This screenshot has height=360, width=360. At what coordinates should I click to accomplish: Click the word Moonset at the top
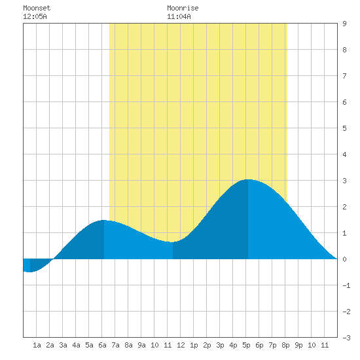pos(37,8)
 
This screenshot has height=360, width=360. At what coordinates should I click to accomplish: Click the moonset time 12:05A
pos(35,16)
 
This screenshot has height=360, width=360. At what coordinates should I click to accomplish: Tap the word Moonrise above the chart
pos(183,8)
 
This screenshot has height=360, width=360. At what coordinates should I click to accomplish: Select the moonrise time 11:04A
pos(179,16)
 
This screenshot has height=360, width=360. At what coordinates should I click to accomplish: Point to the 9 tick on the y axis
pos(344,24)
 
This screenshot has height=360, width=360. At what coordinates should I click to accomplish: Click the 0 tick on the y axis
pos(344,259)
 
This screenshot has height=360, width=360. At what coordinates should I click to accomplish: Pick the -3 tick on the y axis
pos(346,338)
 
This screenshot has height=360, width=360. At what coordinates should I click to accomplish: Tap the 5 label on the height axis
pos(344,128)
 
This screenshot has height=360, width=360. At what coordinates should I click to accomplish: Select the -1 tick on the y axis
pos(346,285)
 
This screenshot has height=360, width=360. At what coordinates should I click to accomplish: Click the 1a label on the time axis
pos(37,345)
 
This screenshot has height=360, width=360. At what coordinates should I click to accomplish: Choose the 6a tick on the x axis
pos(102,345)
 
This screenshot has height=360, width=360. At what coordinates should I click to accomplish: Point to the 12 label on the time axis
pos(181,345)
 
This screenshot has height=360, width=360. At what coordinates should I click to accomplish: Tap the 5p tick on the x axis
pos(246,345)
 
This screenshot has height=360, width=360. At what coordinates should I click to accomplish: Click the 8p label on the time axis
pos(285,345)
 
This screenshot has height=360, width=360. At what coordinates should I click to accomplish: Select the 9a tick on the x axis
pos(141,345)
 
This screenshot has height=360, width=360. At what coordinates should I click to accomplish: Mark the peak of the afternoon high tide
pos(248,179)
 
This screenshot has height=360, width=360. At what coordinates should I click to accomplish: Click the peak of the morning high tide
pos(104,220)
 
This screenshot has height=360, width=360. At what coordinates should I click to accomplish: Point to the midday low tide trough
pos(173,242)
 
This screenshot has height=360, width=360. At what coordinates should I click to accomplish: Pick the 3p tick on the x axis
pos(220,345)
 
